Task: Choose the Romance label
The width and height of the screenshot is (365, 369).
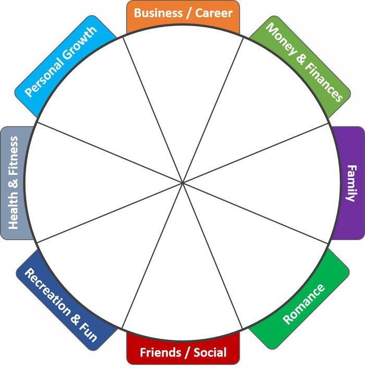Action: coord(303,304)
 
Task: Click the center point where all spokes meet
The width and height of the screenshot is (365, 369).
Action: coord(182,183)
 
